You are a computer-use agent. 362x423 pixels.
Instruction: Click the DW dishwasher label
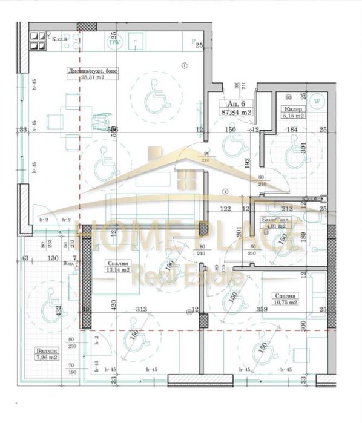pos(113,42)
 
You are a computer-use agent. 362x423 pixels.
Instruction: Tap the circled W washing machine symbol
pos(317,100)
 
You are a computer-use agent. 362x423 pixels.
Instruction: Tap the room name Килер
pos(292,110)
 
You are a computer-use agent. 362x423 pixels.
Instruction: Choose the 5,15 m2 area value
pos(293,116)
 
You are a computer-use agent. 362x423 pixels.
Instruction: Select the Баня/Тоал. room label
pos(275,220)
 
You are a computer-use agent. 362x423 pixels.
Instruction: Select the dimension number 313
pos(142,310)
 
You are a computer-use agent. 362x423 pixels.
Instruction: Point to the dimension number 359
pos(245,310)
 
